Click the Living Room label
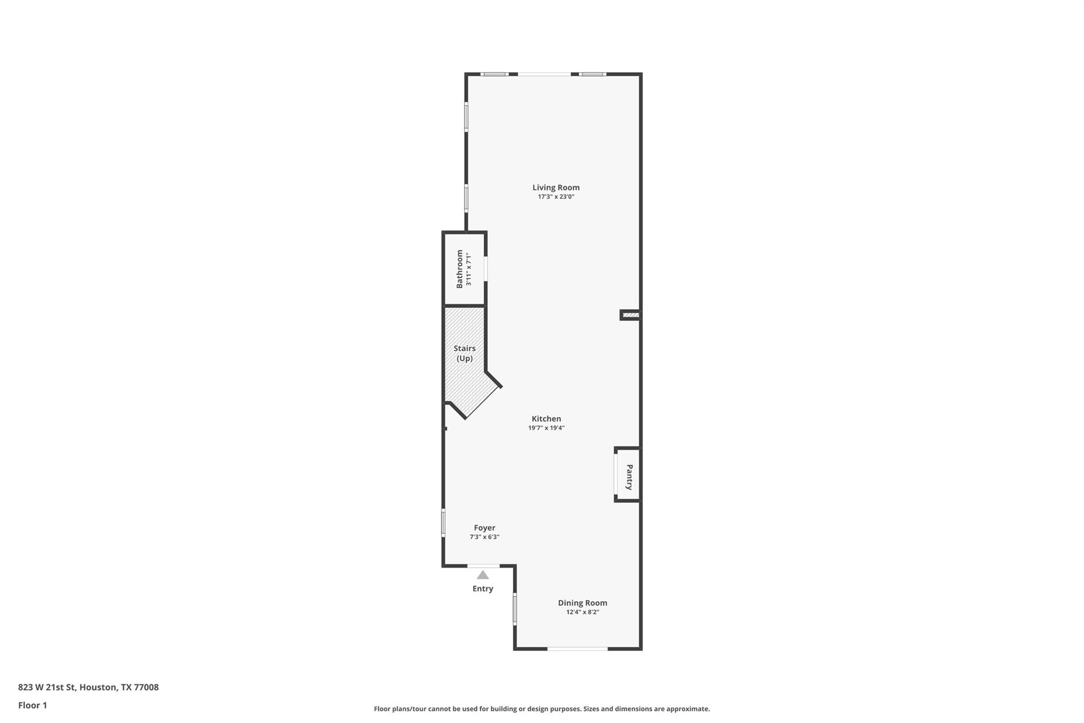click(x=556, y=188)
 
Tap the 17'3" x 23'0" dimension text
click(x=556, y=197)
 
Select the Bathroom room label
click(x=459, y=269)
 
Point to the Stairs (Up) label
click(x=464, y=353)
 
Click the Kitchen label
click(x=546, y=419)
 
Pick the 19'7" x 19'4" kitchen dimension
click(x=546, y=428)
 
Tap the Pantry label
click(x=629, y=477)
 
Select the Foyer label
click(x=484, y=528)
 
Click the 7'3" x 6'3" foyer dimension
click(x=484, y=537)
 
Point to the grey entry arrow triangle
click(x=483, y=575)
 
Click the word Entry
click(x=483, y=589)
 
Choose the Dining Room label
click(x=582, y=603)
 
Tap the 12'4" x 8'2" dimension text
click(x=582, y=612)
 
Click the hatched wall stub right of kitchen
click(x=630, y=315)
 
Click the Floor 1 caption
click(x=33, y=706)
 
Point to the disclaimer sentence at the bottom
click(x=541, y=709)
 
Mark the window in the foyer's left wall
click(x=444, y=523)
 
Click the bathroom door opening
click(x=486, y=269)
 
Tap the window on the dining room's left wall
click(x=514, y=609)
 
